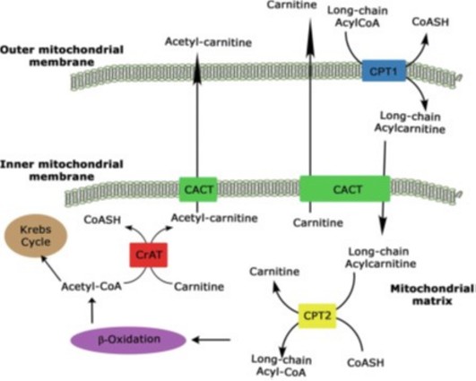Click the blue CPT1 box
tap(384, 71)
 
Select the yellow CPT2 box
tap(317, 316)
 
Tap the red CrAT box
tap(149, 255)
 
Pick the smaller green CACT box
tap(198, 189)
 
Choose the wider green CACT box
tap(345, 189)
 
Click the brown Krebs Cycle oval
tap(36, 236)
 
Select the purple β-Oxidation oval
tap(128, 340)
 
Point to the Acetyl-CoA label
tap(91, 287)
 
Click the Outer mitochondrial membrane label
tap(62, 56)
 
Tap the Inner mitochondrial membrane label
tap(62, 170)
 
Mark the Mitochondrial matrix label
tap(432, 294)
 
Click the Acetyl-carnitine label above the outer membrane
tap(208, 42)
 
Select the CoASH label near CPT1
tap(430, 22)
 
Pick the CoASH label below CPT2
tap(366, 362)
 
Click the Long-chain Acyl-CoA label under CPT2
tap(281, 366)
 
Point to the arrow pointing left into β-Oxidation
tap(212, 340)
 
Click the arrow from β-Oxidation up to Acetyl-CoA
tap(92, 310)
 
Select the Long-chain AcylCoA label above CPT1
tap(358, 17)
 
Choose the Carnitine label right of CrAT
tap(199, 287)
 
